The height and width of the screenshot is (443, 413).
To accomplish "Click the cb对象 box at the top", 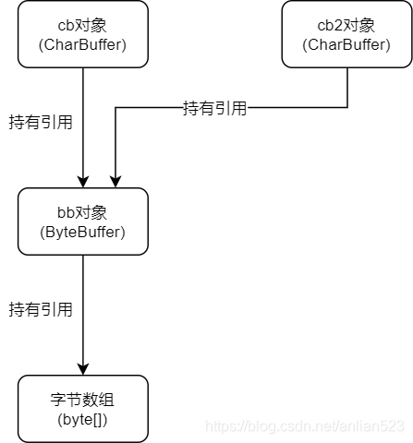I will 83,34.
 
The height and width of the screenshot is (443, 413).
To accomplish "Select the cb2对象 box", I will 346,34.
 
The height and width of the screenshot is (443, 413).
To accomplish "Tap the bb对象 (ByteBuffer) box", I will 83,221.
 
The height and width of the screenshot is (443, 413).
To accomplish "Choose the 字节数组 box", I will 83,408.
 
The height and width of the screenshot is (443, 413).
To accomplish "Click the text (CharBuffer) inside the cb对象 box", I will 83,44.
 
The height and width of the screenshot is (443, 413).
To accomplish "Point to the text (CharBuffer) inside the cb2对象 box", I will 346,44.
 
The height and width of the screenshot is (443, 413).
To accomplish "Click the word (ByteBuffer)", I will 83,232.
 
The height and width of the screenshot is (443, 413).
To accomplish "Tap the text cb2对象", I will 346,25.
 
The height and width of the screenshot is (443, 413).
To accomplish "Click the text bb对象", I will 83,212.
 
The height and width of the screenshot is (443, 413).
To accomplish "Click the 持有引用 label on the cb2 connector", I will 214,108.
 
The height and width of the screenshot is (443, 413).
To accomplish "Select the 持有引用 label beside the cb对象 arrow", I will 41,121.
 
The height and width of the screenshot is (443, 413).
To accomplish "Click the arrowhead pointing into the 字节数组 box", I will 83,368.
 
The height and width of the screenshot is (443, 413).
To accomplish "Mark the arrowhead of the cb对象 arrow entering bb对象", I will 83,181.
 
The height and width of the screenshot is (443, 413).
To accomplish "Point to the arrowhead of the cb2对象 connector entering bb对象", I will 115,181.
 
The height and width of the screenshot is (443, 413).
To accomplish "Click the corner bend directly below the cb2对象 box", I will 346,108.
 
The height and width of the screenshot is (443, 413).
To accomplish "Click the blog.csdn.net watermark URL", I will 305,426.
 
